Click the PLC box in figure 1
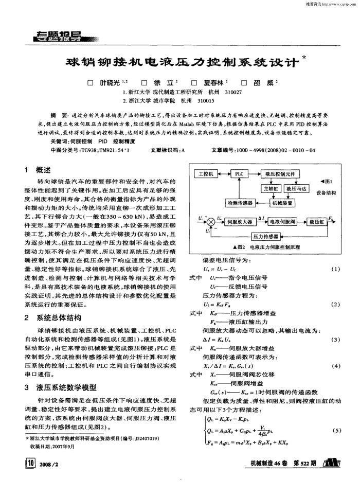click(x=240, y=174)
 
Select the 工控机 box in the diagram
click(x=206, y=174)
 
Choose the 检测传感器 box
click(x=237, y=203)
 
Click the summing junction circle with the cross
click(x=210, y=222)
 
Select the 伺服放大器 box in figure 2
click(x=239, y=222)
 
